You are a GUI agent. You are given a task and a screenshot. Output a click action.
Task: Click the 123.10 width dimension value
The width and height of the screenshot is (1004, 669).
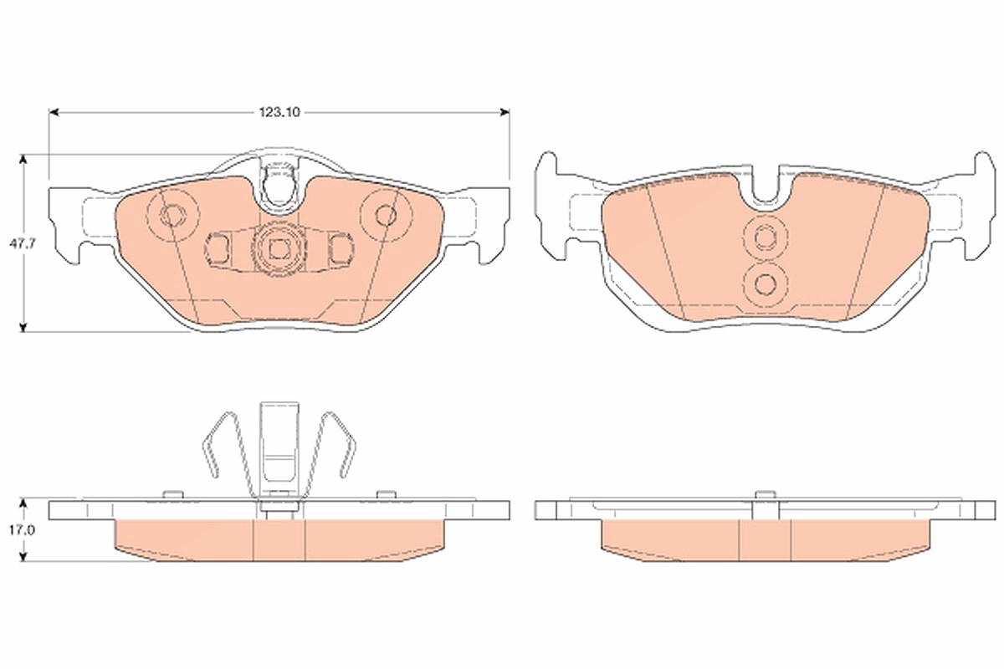click(x=279, y=112)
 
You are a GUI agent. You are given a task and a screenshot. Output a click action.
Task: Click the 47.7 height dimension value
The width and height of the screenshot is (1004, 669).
click(x=23, y=244)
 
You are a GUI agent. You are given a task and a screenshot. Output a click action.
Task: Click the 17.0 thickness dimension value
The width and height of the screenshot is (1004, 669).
click(x=23, y=530)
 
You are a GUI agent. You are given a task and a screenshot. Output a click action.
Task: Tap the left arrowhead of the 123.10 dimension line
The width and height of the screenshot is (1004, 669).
click(x=54, y=112)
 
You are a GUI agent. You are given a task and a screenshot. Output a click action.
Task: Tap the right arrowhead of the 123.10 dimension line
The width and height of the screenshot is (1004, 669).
click(x=505, y=112)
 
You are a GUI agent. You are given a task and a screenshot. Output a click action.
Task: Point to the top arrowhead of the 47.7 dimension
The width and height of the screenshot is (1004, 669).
click(x=23, y=160)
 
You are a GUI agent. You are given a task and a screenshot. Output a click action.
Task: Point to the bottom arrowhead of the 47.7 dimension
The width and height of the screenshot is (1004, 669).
click(x=23, y=327)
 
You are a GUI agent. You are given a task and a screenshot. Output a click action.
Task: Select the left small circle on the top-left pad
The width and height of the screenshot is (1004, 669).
click(x=172, y=216)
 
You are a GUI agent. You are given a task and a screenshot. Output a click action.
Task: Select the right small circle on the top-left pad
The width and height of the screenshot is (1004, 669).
click(x=386, y=216)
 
